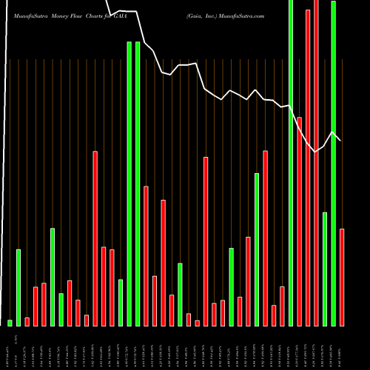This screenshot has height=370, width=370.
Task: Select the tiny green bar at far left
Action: point(10,323)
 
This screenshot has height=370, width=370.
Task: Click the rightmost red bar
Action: point(342,277)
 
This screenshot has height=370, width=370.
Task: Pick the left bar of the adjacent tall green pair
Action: point(129,184)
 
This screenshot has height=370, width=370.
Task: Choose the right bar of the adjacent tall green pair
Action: point(138,184)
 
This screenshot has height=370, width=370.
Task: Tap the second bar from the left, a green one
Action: point(18,288)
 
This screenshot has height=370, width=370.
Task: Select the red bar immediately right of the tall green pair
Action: point(147,255)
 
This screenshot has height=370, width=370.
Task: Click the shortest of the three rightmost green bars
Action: point(325,269)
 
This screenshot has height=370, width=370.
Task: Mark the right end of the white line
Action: point(340,141)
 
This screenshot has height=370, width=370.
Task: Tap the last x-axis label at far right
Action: point(342,348)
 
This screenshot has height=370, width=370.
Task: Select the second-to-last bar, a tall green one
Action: point(334,163)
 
